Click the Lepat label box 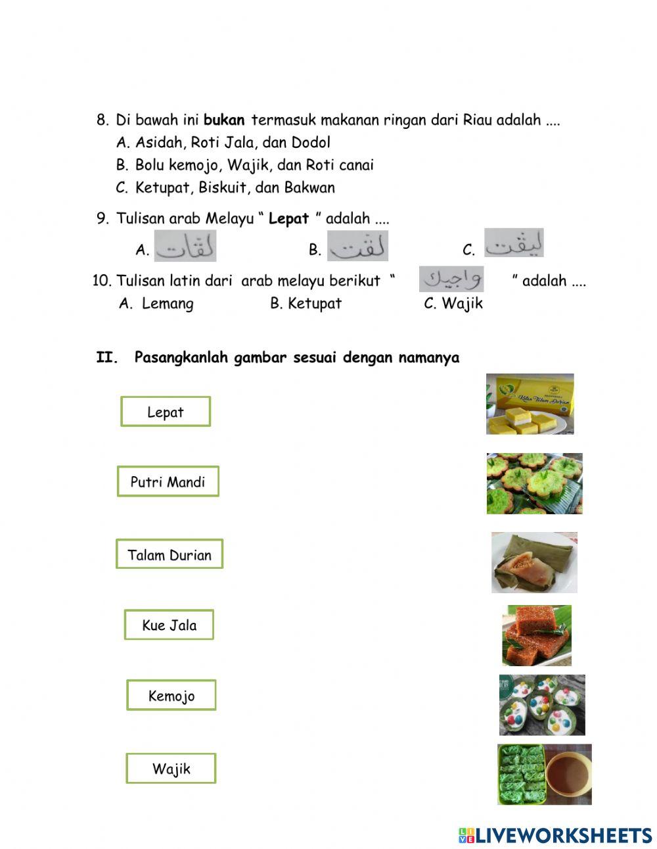point(166,412)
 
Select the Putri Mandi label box point(168,481)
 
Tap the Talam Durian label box point(170,554)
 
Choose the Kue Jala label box point(169,625)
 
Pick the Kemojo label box point(171,695)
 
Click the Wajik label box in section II point(171,768)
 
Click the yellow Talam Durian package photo point(530,404)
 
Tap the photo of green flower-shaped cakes point(534,483)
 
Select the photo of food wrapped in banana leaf point(534,562)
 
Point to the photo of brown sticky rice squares point(537,635)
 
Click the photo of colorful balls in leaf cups point(542,704)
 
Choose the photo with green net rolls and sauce point(545,774)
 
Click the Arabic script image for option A point(185,247)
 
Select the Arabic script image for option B point(358,247)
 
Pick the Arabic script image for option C point(514,243)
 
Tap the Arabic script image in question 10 point(451,279)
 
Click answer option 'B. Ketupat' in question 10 point(306,303)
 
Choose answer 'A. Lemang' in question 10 point(156,303)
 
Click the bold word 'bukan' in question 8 point(224,120)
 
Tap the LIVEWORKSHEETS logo point(555,835)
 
